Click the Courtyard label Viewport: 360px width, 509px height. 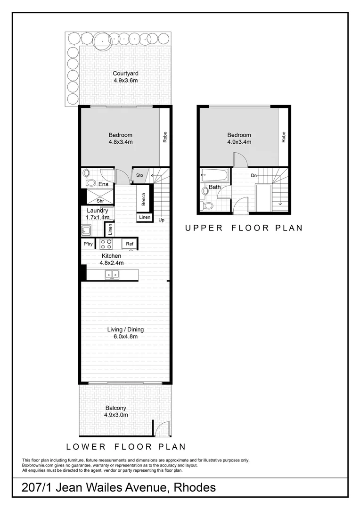coord(125,74)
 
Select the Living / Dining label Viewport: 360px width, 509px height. coord(125,329)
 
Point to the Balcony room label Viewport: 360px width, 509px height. coord(115,408)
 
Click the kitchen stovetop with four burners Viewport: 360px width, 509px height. coord(106,244)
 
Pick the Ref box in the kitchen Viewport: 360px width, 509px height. coord(130,244)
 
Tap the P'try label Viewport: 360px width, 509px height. coord(88,244)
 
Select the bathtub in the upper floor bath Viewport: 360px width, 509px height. coord(214,177)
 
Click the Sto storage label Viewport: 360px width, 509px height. coord(139,175)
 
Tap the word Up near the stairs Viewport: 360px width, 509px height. coord(161,220)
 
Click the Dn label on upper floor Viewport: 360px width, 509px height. coord(254,175)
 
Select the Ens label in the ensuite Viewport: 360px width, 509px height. coord(103,184)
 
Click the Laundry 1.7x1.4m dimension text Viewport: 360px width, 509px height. coord(98,218)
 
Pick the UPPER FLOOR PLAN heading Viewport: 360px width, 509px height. coord(244,228)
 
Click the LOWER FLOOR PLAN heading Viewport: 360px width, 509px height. coord(126,446)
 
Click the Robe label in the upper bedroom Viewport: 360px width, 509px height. coord(283,137)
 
